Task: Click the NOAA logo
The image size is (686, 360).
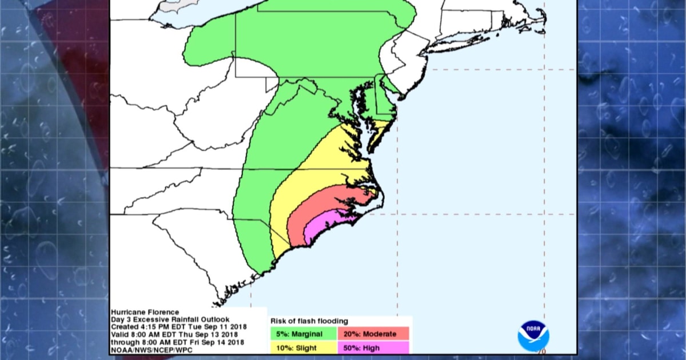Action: click(533, 335)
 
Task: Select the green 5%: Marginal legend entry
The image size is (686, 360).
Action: click(302, 334)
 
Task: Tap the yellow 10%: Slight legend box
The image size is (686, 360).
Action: click(302, 347)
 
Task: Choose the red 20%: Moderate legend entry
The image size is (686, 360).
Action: click(373, 334)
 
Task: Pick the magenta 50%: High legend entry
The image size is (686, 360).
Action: click(373, 347)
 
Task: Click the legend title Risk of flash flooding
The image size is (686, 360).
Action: click(309, 321)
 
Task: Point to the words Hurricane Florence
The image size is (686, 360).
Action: click(142, 312)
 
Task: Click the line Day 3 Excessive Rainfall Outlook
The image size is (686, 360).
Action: click(170, 319)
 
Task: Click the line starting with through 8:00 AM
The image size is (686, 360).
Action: click(178, 342)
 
